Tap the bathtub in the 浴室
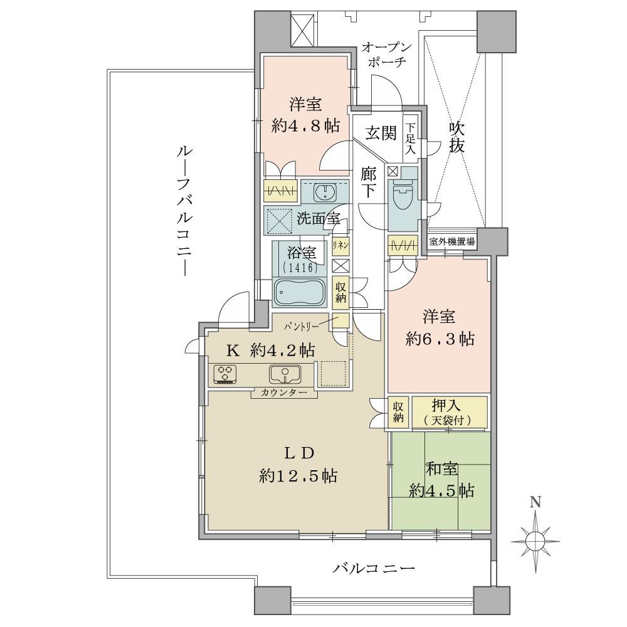coord(298,292)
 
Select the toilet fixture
coord(401,196)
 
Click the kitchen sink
coord(285,374)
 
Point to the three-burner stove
coord(224,374)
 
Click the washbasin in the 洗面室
coord(325,191)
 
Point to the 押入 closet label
coord(448,406)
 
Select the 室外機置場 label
coord(451,241)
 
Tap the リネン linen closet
coord(340,245)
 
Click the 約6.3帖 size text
coord(440,339)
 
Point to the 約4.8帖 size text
coord(305,125)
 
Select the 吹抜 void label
coord(456,139)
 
